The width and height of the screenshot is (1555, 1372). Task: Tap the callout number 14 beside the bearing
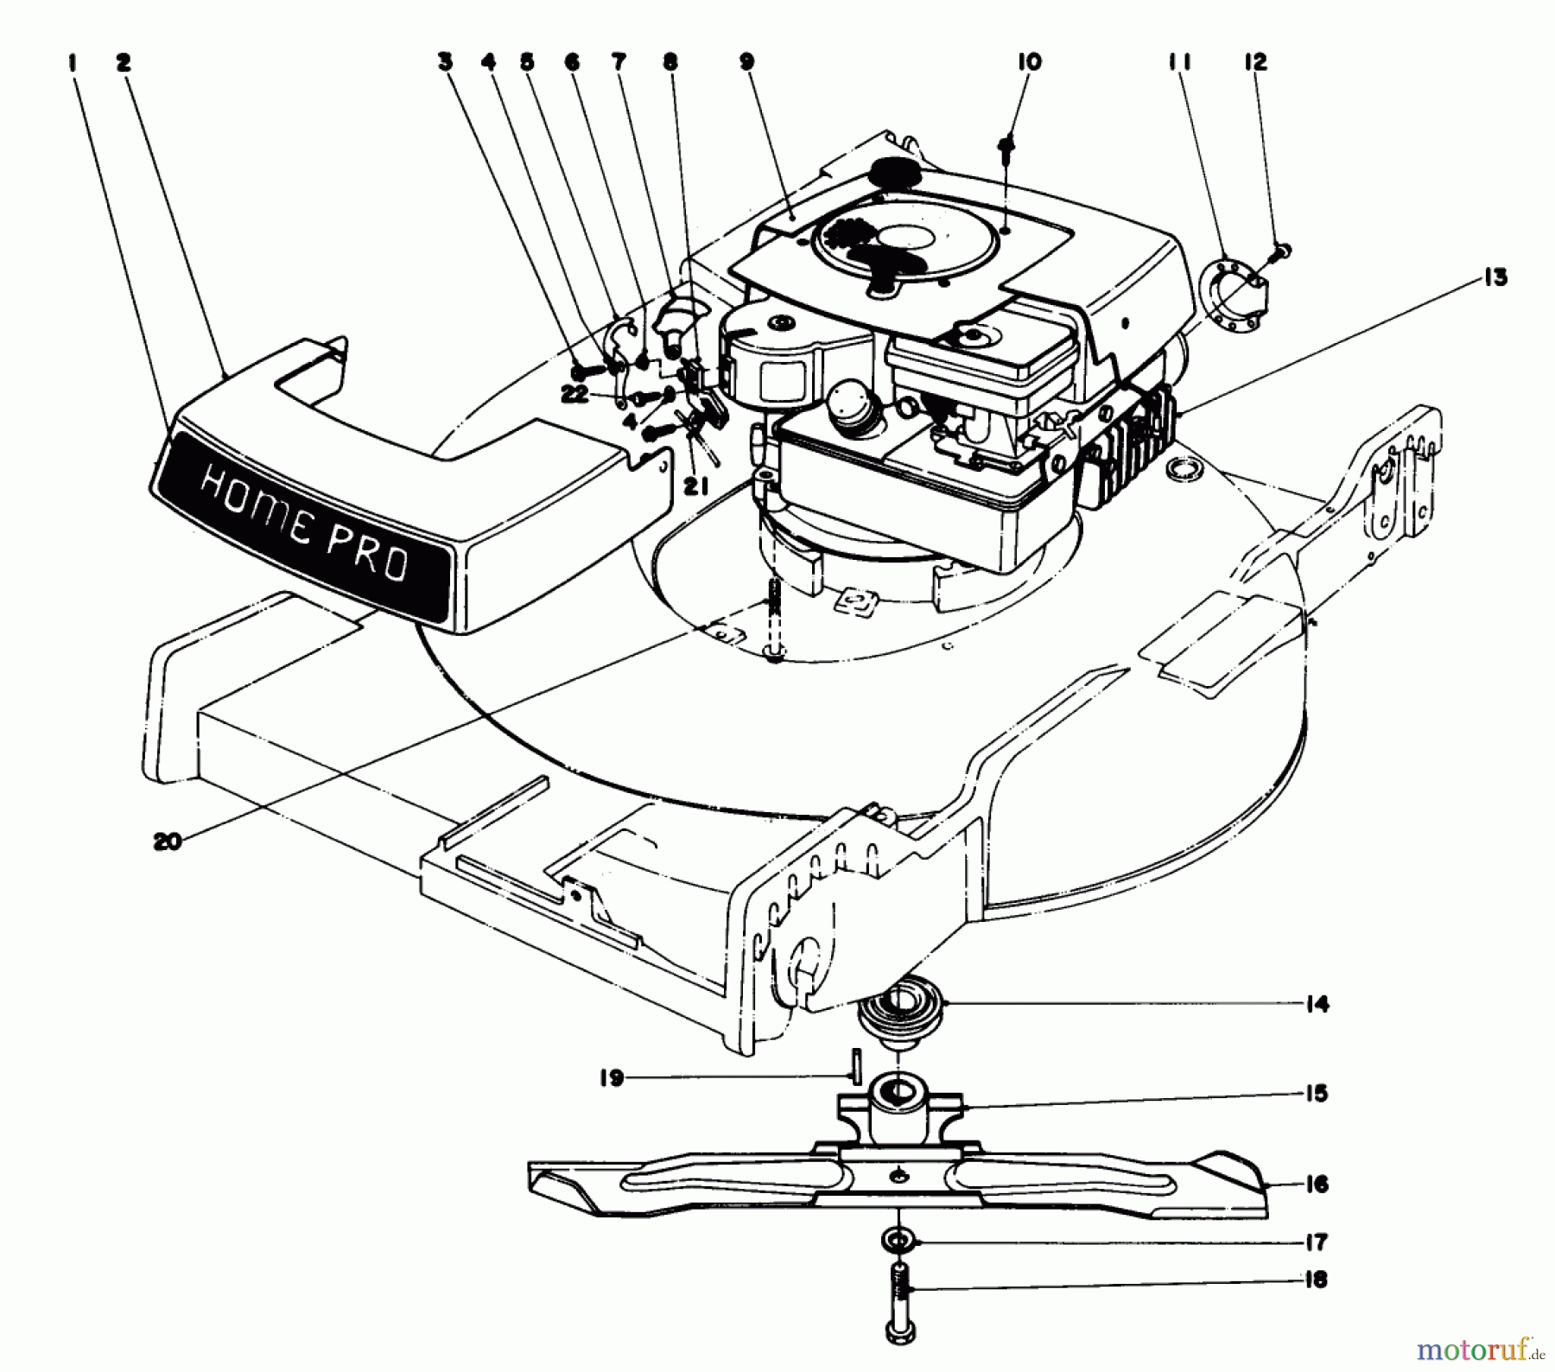pyautogui.click(x=1317, y=1004)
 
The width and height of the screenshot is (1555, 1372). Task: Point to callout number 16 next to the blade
pyautogui.click(x=1316, y=1184)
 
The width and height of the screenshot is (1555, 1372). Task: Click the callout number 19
pyautogui.click(x=612, y=1078)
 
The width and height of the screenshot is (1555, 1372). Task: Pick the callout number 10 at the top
pyautogui.click(x=1029, y=61)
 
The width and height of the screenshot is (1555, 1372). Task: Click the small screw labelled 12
pyautogui.click(x=1281, y=251)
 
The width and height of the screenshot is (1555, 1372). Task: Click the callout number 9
pyautogui.click(x=746, y=61)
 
